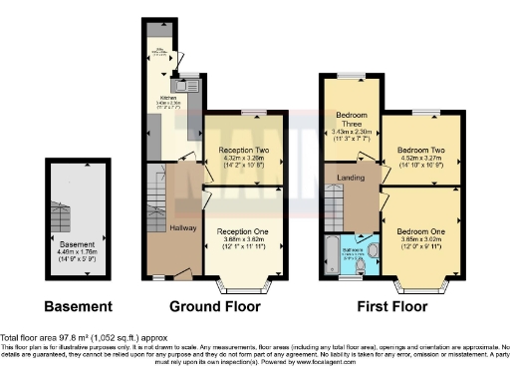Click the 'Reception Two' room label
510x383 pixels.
click(244, 150)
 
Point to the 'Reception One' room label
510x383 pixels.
click(243, 230)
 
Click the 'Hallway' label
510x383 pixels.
click(182, 228)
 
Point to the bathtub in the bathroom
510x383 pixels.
click(331, 255)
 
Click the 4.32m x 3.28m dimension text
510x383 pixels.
click(244, 158)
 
